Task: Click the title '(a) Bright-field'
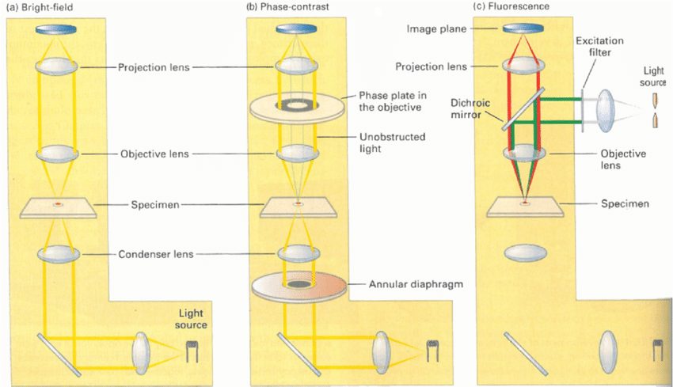[x=40, y=7]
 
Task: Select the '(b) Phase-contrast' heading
[x=287, y=7]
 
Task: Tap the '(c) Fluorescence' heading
[x=511, y=6]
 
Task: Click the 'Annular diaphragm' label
[x=416, y=284]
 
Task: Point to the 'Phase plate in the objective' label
[x=392, y=101]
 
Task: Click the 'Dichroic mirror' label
[x=470, y=108]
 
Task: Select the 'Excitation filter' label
[x=599, y=47]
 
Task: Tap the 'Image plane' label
[x=436, y=28]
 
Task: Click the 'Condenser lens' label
[x=156, y=254]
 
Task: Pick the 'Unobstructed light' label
[x=392, y=142]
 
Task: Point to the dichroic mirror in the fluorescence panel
[x=523, y=109]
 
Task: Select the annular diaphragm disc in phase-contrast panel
[x=298, y=286]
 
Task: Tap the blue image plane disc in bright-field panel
[x=56, y=29]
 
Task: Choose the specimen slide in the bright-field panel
[x=58, y=207]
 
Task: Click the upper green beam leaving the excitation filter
[x=561, y=99]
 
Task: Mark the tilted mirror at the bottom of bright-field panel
[x=59, y=355]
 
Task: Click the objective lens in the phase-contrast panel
[x=298, y=154]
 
